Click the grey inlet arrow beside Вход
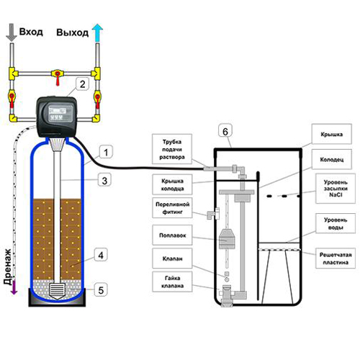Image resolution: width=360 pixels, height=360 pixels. (x=11, y=32)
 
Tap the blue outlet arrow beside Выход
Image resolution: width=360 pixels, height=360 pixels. (x=97, y=32)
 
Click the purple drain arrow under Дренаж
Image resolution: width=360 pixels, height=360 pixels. (x=14, y=287)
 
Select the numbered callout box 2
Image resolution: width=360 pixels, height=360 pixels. (x=82, y=84)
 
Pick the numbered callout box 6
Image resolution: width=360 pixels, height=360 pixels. (x=225, y=131)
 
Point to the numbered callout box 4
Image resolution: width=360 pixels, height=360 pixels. (x=101, y=255)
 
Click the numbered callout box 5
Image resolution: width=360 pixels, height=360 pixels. (x=101, y=289)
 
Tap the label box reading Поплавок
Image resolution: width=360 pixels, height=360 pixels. (x=172, y=235)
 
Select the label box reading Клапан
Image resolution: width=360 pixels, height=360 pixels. (x=172, y=258)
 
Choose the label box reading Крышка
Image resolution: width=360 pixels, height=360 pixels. (x=332, y=134)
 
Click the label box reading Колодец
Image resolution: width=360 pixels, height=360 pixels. (x=332, y=159)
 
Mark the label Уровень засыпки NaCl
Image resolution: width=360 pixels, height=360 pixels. (x=336, y=189)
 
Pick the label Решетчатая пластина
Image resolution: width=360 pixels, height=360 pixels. (x=336, y=258)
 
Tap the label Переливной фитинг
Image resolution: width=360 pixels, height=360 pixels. (x=172, y=208)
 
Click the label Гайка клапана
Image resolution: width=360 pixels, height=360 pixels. (x=172, y=282)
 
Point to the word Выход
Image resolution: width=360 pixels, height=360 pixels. (x=72, y=32)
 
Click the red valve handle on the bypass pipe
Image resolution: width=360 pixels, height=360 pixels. (x=57, y=77)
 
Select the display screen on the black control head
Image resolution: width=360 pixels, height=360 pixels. (x=60, y=114)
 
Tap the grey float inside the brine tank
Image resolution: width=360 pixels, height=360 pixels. (x=227, y=239)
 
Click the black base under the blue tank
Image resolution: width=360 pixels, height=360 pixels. (x=57, y=297)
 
